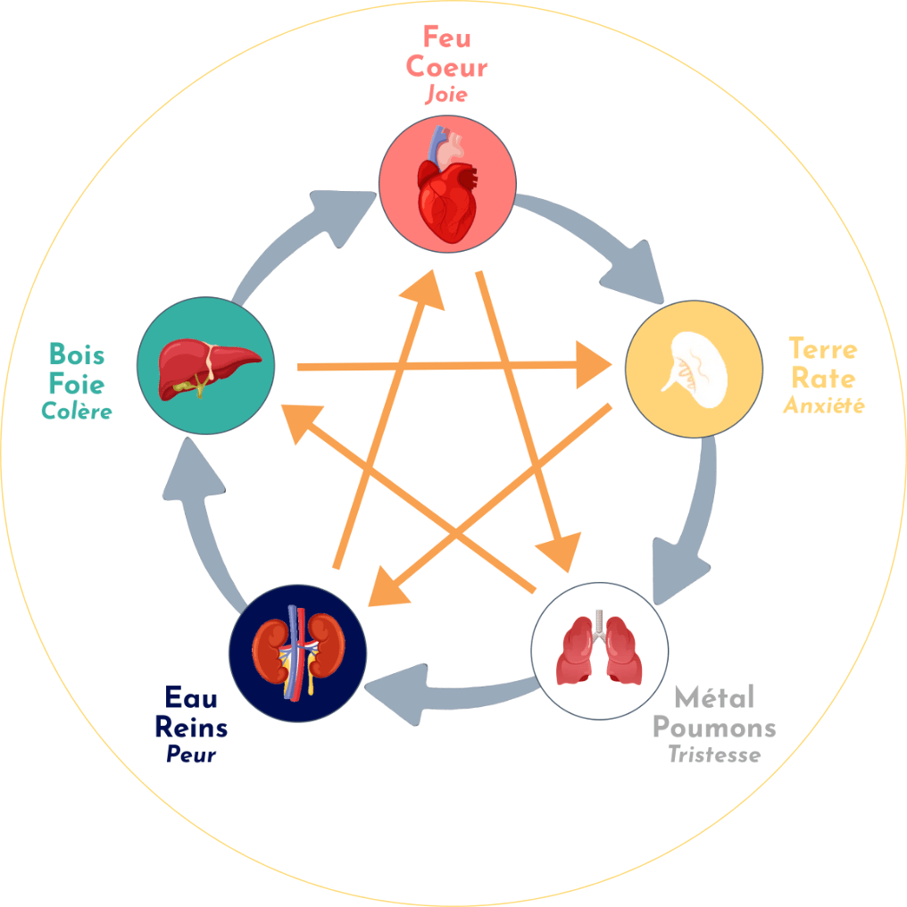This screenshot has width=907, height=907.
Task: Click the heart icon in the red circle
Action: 448,189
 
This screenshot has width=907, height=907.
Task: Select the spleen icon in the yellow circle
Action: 692,368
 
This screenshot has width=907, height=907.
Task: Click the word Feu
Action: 446,38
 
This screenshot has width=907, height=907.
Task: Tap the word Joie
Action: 446,95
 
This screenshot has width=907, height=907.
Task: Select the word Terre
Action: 822,349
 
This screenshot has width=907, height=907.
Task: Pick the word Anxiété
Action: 823,405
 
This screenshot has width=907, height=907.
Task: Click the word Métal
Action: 714,697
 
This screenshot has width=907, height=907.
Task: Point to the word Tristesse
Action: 714,755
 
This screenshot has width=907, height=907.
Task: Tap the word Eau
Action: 191,697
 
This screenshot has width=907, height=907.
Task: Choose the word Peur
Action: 191,755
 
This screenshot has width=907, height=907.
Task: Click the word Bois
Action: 77,355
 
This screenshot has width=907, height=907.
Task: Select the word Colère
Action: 77,412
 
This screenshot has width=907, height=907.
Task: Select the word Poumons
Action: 714,727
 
